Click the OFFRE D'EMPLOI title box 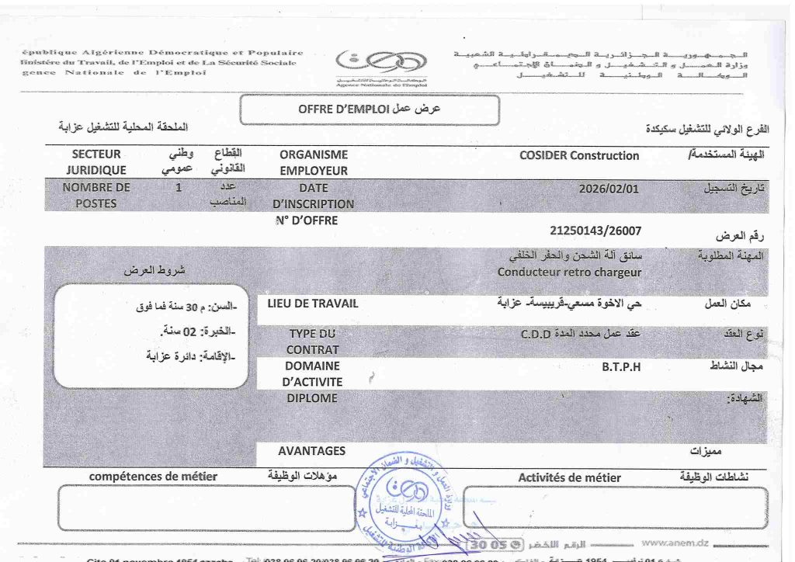[x=369, y=109]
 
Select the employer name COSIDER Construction [x=579, y=155]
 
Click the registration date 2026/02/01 [x=609, y=188]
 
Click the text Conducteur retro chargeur [x=569, y=272]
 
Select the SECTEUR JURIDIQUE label [x=96, y=162]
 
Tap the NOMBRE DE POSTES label [x=96, y=195]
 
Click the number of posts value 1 [x=179, y=187]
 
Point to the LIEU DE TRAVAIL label [x=312, y=304]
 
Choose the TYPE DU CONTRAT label [x=313, y=341]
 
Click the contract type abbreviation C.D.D [x=536, y=334]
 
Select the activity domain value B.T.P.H [x=621, y=366]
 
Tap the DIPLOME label [x=312, y=398]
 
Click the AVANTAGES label [x=311, y=450]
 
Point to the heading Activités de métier [x=569, y=477]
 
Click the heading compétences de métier [x=153, y=476]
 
